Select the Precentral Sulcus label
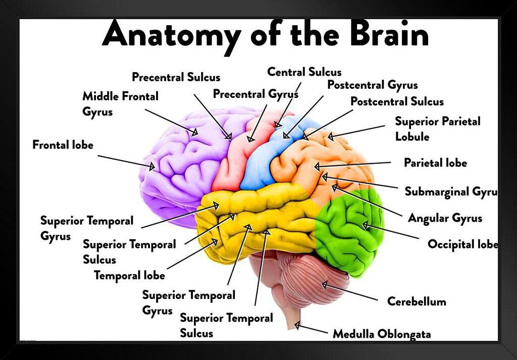[x=176, y=77]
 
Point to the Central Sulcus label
[x=304, y=72]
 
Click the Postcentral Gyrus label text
[x=372, y=85]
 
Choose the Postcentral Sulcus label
[x=397, y=101]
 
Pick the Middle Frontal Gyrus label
[x=120, y=104]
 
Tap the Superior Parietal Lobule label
[x=437, y=129]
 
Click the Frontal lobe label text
[x=63, y=145]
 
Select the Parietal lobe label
[x=435, y=163]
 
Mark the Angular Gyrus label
[x=445, y=218]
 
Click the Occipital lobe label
[x=462, y=244]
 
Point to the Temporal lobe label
[x=129, y=276]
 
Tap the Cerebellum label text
[x=417, y=301]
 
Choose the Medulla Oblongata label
[x=381, y=334]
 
